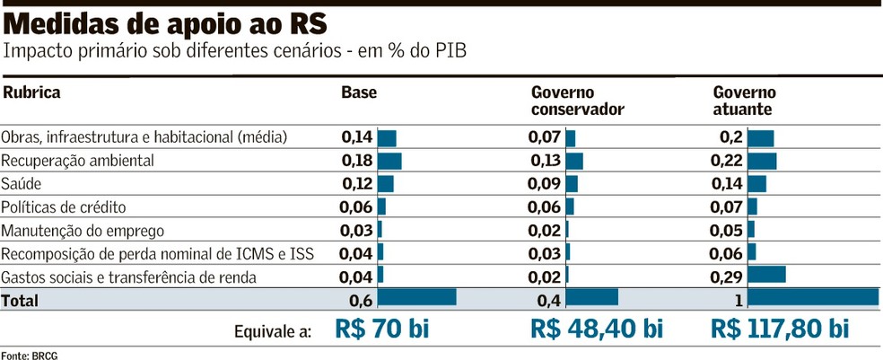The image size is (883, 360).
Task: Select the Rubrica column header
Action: (x=31, y=92)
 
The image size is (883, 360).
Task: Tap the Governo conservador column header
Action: (x=577, y=101)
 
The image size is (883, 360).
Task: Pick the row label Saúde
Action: (x=22, y=184)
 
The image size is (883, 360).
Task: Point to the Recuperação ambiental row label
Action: (x=78, y=161)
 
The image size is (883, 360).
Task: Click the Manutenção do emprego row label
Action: (x=83, y=231)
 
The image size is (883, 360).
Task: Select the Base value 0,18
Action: (x=356, y=161)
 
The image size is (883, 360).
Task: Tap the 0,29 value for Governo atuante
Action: (x=726, y=277)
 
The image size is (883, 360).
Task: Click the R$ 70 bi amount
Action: (x=382, y=329)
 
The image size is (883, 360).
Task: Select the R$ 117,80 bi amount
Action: (x=779, y=329)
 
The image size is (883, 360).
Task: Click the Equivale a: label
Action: (x=273, y=331)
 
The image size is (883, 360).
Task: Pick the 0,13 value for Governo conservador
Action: (x=546, y=161)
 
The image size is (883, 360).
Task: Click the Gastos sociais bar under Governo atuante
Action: (x=766, y=275)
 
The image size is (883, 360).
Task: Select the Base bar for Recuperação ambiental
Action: (x=389, y=161)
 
